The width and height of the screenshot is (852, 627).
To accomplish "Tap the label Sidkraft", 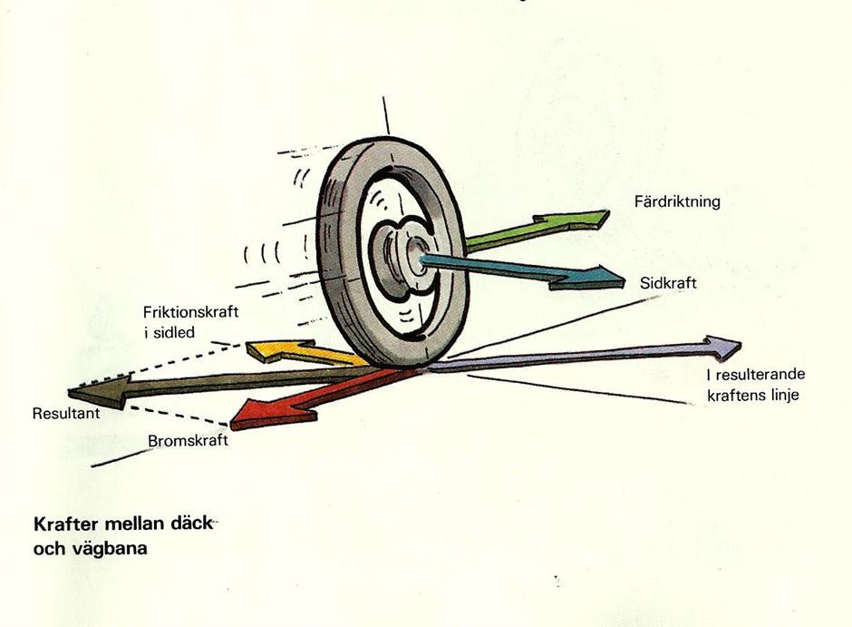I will [x=667, y=283].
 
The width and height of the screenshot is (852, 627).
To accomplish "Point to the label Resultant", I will [x=64, y=413].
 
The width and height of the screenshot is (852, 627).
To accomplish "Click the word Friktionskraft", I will [x=190, y=312].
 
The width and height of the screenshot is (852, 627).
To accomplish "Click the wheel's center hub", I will [x=417, y=257].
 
